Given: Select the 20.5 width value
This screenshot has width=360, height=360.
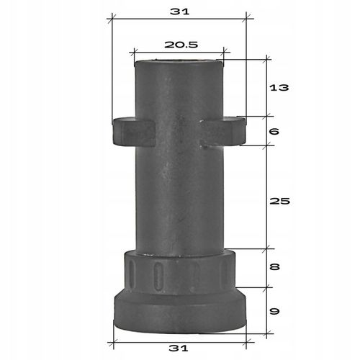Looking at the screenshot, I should tap(180, 44).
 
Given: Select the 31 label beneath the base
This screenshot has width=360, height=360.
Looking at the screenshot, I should tap(179, 348).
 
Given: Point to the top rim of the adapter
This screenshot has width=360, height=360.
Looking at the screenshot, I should tap(179, 62).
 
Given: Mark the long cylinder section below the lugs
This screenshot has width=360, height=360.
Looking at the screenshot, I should tap(179, 198).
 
